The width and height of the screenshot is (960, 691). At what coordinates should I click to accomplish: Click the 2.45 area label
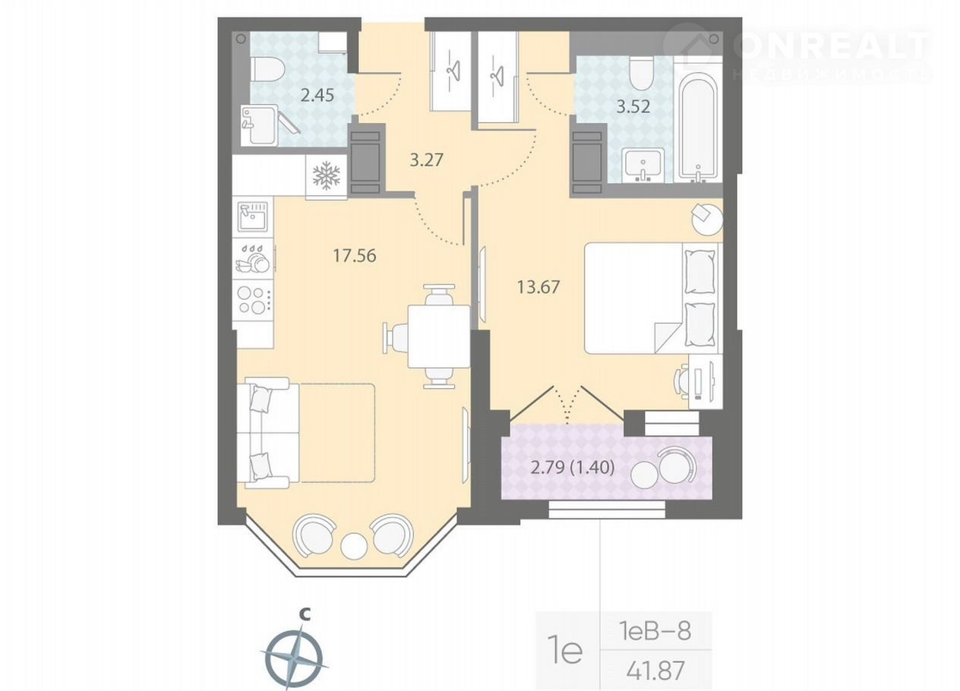[317, 95]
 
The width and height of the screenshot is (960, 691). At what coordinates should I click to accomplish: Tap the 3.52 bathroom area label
[633, 106]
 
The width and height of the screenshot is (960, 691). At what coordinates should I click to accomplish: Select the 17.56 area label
[355, 256]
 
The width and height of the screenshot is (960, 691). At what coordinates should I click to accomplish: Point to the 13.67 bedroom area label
[538, 286]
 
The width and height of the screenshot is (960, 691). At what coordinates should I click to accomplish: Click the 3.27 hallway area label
[426, 160]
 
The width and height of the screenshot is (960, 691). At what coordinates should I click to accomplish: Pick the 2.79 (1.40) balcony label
[573, 468]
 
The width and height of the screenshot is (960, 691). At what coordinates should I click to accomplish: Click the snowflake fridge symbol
[327, 175]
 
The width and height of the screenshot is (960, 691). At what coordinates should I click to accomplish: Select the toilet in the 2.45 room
[267, 69]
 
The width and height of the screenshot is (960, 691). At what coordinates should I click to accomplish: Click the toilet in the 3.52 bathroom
[642, 74]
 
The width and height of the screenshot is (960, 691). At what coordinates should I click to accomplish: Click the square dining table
[439, 336]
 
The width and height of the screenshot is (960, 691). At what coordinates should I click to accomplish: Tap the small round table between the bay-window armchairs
[354, 545]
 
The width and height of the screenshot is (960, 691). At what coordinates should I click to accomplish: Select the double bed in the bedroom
[651, 298]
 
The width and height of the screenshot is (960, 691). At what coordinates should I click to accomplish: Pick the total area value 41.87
[655, 670]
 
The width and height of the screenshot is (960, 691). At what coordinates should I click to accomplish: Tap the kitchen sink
[253, 216]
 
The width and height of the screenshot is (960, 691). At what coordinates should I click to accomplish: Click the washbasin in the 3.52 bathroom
[643, 165]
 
